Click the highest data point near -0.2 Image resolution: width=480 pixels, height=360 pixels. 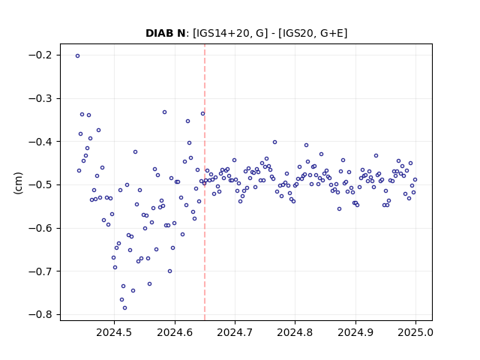point(77,56)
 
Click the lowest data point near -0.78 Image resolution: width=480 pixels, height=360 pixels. point(124,308)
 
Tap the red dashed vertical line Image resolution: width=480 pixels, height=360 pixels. point(205,182)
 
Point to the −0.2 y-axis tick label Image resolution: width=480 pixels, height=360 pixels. point(40,55)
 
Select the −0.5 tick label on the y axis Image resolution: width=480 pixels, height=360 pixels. point(40,185)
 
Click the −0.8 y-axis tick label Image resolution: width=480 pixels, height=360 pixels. point(40,315)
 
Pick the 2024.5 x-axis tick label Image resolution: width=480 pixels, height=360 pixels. point(114,332)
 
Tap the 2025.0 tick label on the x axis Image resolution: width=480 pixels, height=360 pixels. point(415,332)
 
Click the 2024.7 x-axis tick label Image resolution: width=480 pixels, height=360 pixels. point(235,332)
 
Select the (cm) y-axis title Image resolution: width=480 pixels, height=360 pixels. point(18,183)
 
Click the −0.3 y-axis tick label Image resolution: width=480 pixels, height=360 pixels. point(40,98)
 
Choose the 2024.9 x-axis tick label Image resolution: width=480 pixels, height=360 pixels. point(355,332)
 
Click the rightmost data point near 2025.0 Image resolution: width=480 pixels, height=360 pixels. point(415,180)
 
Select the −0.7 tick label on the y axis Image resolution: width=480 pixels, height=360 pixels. point(40,271)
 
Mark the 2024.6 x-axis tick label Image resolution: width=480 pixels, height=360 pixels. point(175,332)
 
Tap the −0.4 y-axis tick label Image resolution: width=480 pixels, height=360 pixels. point(40,142)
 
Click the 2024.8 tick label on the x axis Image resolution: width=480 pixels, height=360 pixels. point(295,332)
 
